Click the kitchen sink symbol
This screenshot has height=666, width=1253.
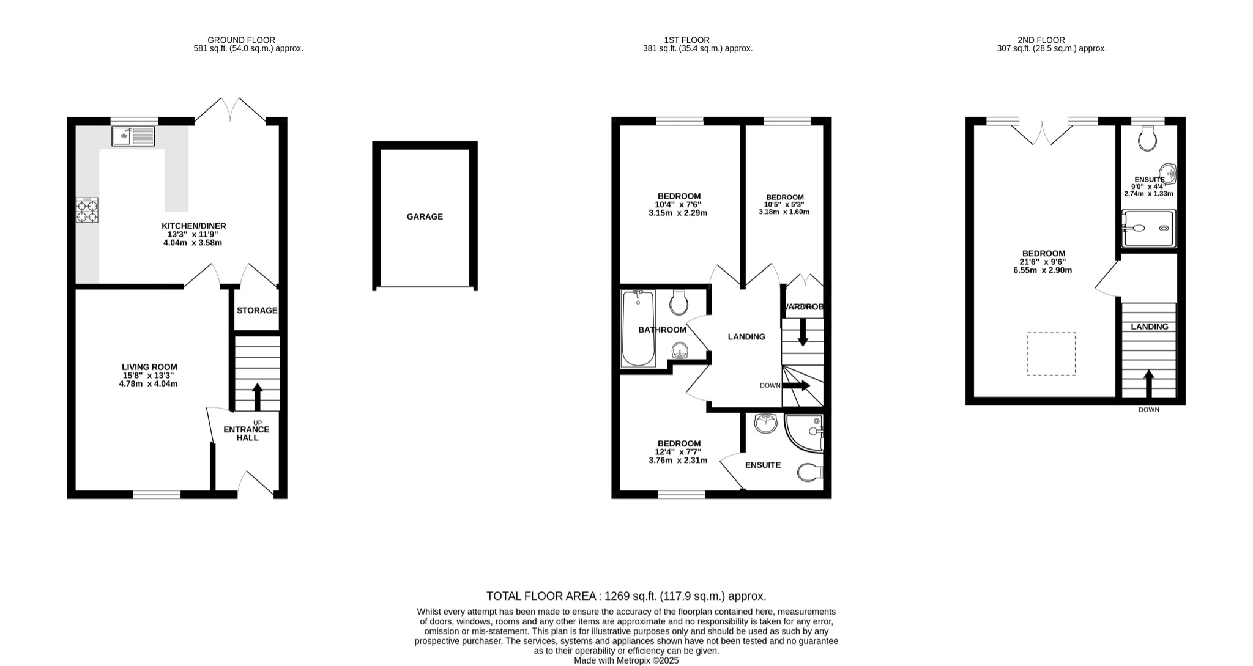[133, 136]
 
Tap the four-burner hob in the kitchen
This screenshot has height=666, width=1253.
[87, 210]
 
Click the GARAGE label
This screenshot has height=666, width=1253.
[425, 216]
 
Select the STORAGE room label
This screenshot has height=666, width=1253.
[257, 311]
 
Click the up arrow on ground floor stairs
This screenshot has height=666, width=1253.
[258, 396]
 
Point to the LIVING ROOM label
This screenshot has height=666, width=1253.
[149, 367]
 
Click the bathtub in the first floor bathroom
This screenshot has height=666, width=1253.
[638, 328]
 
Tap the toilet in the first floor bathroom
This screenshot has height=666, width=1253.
[679, 302]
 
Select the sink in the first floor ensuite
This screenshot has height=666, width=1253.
[765, 423]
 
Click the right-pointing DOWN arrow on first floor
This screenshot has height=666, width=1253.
[797, 386]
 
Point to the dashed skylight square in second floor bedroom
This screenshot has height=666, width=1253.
[1051, 353]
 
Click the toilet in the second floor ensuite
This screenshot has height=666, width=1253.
[1147, 138]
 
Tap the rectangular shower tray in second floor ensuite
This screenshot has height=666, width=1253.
[1148, 228]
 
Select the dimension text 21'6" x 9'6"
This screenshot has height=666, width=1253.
[1044, 262]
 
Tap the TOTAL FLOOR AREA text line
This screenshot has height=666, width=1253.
[626, 596]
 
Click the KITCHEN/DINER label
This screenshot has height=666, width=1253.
[193, 226]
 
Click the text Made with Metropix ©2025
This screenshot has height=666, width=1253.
[626, 660]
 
